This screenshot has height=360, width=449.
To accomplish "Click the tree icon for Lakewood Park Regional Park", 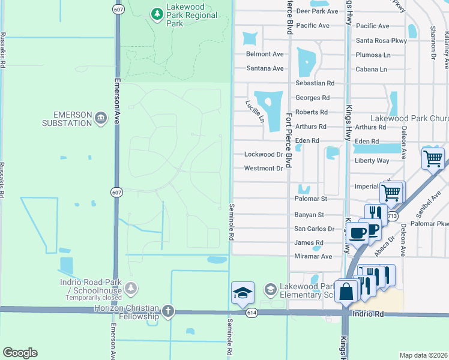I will click(157, 13).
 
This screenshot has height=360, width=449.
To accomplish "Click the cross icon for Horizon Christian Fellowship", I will click(167, 311).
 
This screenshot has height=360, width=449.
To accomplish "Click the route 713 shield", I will click(393, 215).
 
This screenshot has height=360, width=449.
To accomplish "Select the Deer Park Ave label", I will click(317, 11).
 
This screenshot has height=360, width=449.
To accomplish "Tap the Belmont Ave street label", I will click(265, 54).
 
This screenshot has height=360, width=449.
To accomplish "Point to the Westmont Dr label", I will click(263, 169).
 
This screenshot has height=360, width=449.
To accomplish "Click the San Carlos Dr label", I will click(314, 229).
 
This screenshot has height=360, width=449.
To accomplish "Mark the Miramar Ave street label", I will click(313, 256).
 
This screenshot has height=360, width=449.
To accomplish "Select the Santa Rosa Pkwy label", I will click(381, 41).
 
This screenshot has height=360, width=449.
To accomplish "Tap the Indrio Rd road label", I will click(368, 314).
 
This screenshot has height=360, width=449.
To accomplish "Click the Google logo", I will click(20, 353).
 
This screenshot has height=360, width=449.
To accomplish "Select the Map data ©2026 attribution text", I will click(423, 355).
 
